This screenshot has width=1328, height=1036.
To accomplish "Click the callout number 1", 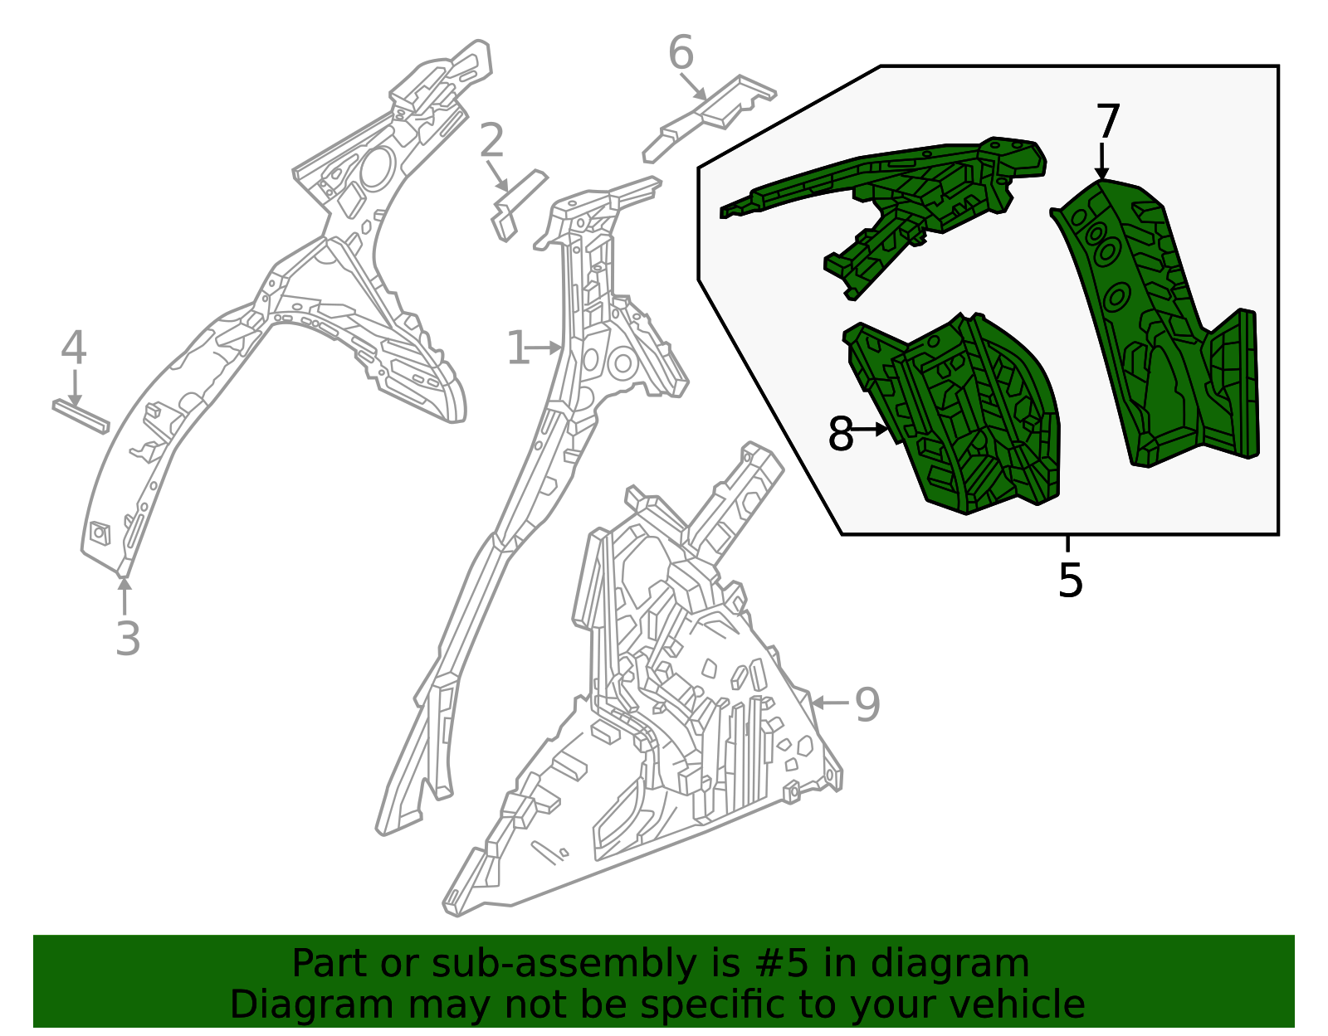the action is click(x=518, y=348).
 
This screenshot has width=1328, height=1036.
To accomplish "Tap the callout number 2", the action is click(x=491, y=140).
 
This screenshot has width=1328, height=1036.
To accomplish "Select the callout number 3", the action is click(x=128, y=639).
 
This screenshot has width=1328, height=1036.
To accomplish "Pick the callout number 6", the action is click(x=681, y=52).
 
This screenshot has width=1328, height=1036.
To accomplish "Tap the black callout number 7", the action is click(x=1108, y=121).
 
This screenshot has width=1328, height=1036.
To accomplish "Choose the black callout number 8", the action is click(x=840, y=434).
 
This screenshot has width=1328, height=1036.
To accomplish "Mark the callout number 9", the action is click(x=867, y=704).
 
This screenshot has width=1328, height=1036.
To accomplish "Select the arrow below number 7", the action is click(x=1101, y=162).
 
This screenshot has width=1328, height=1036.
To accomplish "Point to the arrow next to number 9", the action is click(x=831, y=703).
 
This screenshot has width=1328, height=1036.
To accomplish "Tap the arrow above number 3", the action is click(x=124, y=596).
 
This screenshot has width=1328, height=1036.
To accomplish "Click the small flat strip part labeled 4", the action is click(x=81, y=416).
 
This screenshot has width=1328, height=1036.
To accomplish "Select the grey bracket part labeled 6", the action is click(x=709, y=119).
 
